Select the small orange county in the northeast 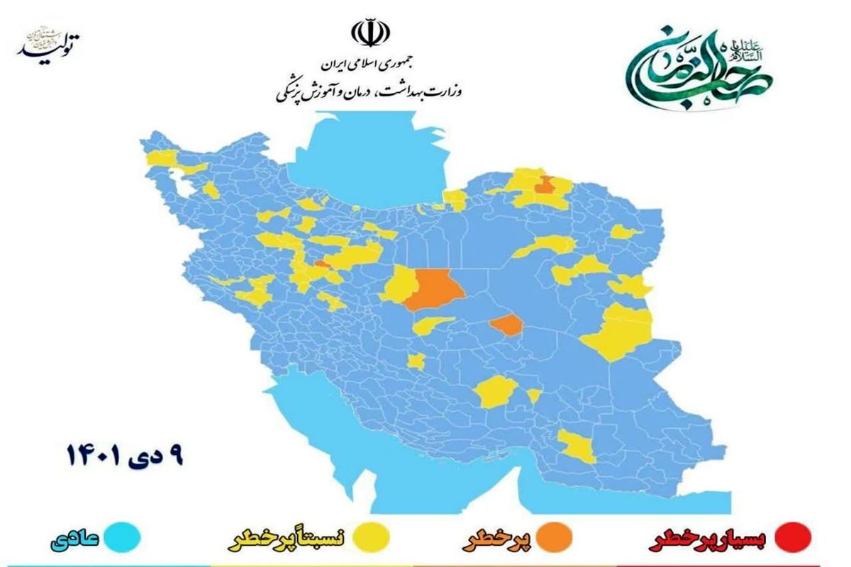[545, 186]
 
